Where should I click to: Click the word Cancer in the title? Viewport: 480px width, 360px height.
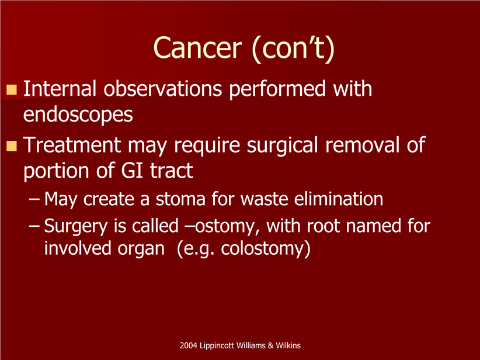197,48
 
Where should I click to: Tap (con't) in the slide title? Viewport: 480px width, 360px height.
294,49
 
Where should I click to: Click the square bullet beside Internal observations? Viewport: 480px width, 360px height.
12,89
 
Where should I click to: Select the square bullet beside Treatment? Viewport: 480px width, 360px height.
12,146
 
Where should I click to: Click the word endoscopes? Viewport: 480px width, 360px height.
78,115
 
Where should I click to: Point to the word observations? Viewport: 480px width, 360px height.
162,89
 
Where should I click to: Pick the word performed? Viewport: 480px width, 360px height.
277,89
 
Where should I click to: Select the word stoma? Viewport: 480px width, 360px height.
180,199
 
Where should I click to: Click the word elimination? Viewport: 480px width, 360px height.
339,199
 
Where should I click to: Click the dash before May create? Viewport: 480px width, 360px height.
34,199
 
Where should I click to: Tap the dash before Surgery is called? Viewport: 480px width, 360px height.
34,226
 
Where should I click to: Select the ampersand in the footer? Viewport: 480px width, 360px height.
270,345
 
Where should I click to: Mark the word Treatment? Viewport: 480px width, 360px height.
72,145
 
